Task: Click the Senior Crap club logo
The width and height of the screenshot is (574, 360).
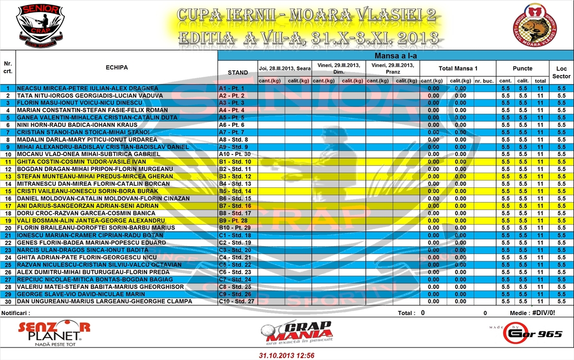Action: pyautogui.click(x=41, y=24)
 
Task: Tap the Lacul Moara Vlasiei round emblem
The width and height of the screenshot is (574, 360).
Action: pyautogui.click(x=534, y=24)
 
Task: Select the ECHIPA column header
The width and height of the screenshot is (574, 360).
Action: pyautogui.click(x=116, y=67)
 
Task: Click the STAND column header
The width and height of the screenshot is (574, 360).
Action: pyautogui.click(x=238, y=73)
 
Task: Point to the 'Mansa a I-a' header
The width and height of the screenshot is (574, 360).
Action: pyautogui.click(x=395, y=56)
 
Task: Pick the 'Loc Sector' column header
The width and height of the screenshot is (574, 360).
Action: pyautogui.click(x=561, y=73)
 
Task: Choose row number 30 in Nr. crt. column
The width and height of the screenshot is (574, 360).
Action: pyautogui.click(x=8, y=302)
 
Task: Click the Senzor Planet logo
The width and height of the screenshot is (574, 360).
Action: pyautogui.click(x=54, y=333)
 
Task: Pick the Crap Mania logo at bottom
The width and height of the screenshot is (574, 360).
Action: pyautogui.click(x=296, y=332)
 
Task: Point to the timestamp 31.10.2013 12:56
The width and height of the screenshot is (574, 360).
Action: pyautogui.click(x=287, y=355)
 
